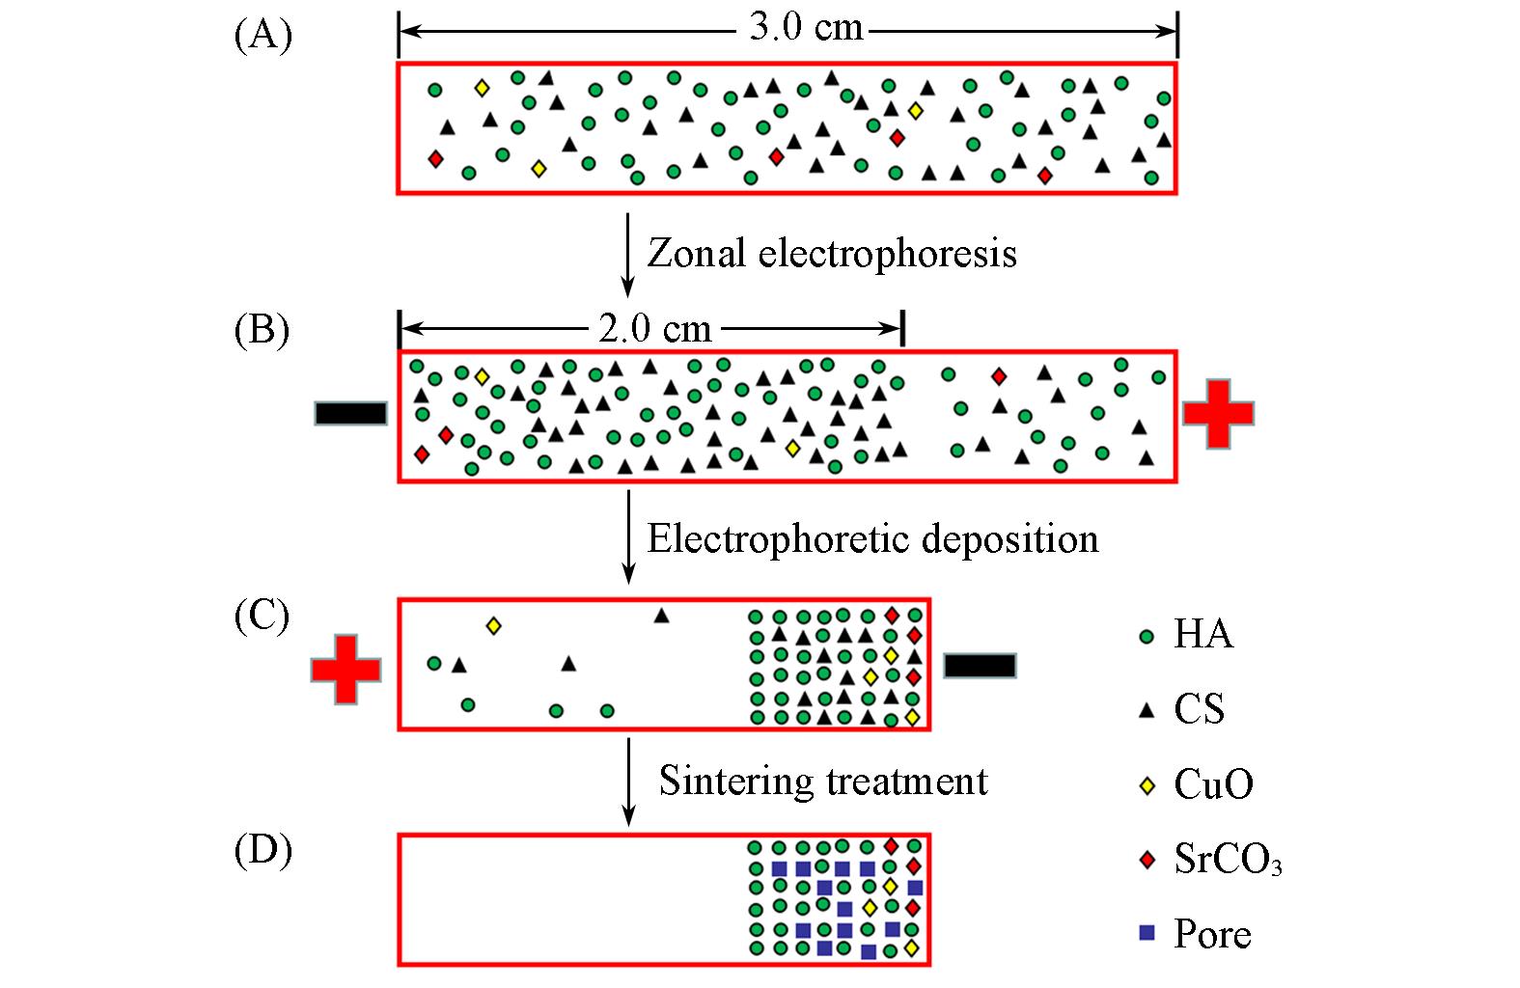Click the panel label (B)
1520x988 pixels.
263,330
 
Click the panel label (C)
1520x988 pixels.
263,616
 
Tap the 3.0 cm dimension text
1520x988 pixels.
806,27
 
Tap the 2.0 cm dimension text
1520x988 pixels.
654,329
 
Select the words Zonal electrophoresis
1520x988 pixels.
832,254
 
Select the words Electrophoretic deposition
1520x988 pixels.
872,538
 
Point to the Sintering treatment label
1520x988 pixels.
823,781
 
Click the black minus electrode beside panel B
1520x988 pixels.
351,414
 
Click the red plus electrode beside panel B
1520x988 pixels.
1218,414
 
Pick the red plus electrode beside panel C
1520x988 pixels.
345,669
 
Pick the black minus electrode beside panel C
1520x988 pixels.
980,666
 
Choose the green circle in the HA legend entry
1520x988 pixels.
1147,637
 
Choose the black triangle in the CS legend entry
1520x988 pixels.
1147,711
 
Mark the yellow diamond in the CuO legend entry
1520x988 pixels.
1147,785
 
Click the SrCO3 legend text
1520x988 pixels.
1228,859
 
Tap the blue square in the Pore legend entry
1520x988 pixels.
1147,933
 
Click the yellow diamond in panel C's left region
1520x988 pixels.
493,626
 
